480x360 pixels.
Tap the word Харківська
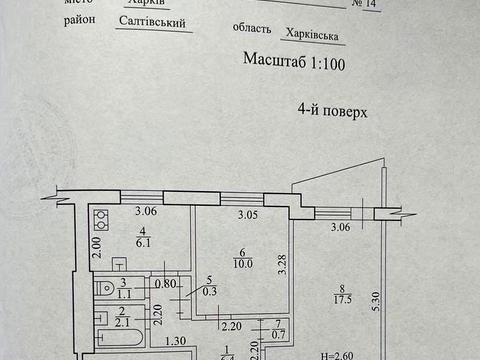308,34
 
